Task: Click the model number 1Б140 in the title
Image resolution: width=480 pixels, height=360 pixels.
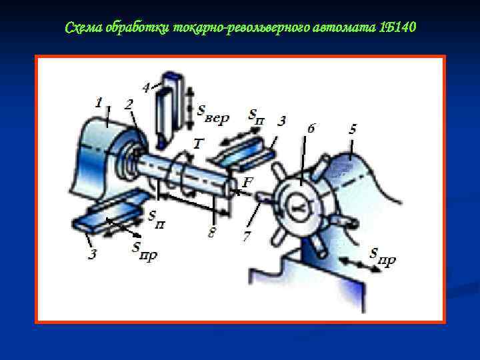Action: (x=397, y=27)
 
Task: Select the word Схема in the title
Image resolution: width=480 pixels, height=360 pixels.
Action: (x=83, y=27)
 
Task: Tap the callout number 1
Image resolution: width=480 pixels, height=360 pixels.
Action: (x=99, y=103)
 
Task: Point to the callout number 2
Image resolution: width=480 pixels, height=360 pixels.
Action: (x=129, y=105)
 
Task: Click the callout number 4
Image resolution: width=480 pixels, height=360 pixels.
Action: (x=147, y=88)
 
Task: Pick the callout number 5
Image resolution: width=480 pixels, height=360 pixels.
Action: (x=353, y=129)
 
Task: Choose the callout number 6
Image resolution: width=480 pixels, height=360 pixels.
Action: (x=311, y=128)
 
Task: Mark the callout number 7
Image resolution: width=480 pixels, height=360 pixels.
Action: (x=247, y=236)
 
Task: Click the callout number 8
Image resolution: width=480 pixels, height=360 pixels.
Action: (x=211, y=233)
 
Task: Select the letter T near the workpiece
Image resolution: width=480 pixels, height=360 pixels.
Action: (x=198, y=143)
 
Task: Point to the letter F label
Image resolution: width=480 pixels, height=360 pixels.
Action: (x=247, y=183)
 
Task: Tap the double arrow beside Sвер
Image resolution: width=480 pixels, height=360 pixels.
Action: (x=190, y=109)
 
